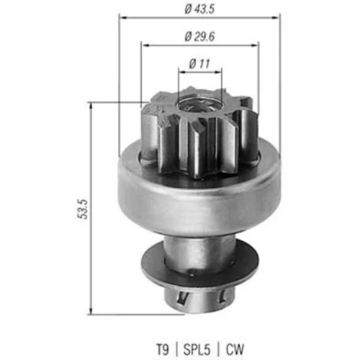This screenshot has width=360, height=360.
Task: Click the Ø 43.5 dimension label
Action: tap(199, 9)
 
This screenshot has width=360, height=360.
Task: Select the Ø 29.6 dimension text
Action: tap(199, 37)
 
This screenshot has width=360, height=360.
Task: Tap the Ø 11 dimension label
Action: tap(199, 64)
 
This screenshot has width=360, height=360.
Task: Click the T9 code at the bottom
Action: tap(163, 349)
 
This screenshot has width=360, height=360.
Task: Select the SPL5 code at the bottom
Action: tap(197, 349)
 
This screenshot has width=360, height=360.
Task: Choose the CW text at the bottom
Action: tap(235, 349)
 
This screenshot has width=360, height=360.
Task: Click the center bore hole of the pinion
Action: tap(199, 105)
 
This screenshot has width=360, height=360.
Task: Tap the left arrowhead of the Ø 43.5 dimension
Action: tap(122, 17)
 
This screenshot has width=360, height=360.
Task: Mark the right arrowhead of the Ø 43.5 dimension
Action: tap(276, 17)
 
